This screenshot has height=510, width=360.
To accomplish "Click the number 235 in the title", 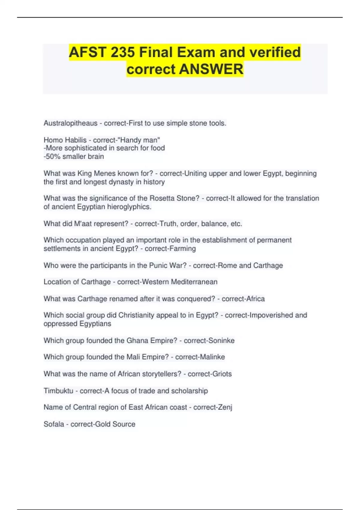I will [x=123, y=52].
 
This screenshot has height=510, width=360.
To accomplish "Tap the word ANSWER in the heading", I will [x=211, y=69].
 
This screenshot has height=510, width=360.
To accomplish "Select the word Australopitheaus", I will [x=70, y=123].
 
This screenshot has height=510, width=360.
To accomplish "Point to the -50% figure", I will [x=52, y=157].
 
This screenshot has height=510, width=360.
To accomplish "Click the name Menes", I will [x=104, y=173].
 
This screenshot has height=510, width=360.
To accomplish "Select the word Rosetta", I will [x=162, y=198].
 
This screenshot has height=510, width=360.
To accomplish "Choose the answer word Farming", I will [x=183, y=248].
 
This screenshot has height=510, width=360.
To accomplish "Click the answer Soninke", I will [x=221, y=340].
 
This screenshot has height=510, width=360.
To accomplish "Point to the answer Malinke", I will [x=212, y=357].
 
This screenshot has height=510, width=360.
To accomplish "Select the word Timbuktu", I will [x=58, y=391].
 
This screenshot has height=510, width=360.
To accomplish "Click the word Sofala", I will [x=54, y=424].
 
